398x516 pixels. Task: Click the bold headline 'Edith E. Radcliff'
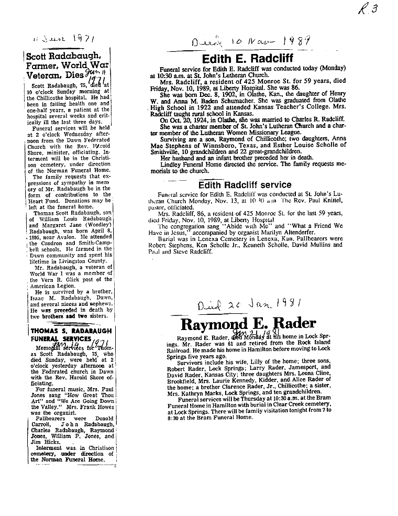pyautogui.click(x=248, y=58)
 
